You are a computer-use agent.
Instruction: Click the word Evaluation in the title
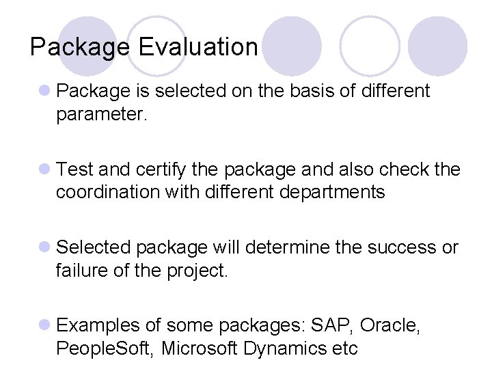197,47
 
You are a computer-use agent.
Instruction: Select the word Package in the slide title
80,47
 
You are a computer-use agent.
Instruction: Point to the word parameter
101,114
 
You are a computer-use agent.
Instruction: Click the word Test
77,169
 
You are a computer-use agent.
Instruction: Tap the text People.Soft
105,348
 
